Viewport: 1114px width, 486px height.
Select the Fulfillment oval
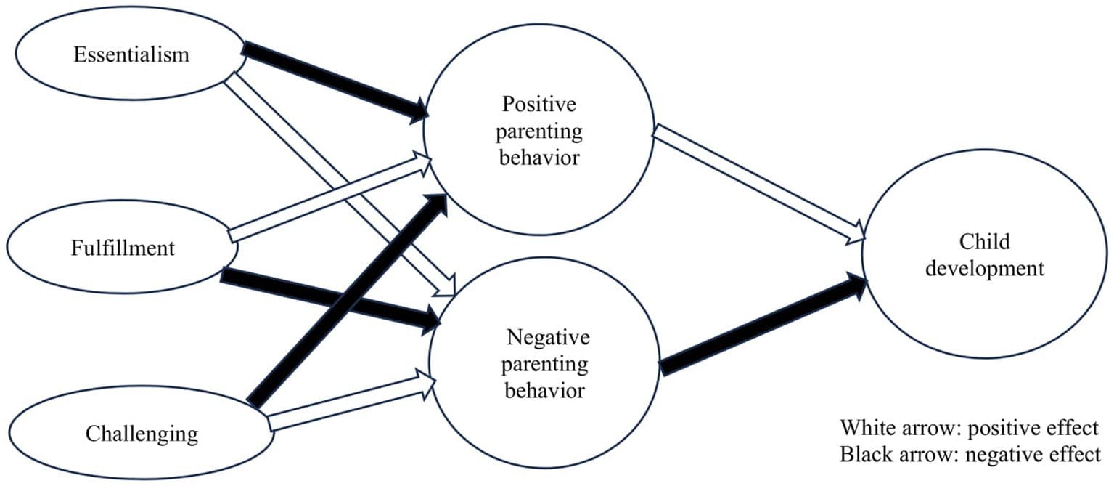pyautogui.click(x=123, y=248)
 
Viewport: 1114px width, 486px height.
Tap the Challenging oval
pyautogui.click(x=142, y=434)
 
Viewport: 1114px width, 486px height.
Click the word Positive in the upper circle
pyautogui.click(x=539, y=105)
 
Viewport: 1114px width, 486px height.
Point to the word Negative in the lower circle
pyautogui.click(x=549, y=337)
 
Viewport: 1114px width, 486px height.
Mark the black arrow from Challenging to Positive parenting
pyautogui.click(x=348, y=298)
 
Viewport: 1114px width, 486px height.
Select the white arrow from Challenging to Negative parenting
pyautogui.click(x=348, y=404)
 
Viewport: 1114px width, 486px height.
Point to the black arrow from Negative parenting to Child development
pyautogui.click(x=755, y=325)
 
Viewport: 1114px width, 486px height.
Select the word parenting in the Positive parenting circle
pyautogui.click(x=539, y=131)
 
